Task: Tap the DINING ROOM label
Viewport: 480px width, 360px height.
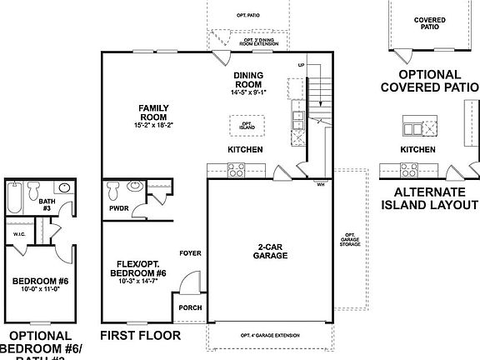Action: click(248, 79)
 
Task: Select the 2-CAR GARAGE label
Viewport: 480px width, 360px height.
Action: click(272, 251)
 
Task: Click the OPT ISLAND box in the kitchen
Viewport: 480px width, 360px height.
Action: click(247, 125)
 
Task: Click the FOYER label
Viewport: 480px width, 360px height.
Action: click(190, 252)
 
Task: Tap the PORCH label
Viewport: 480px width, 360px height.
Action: click(189, 307)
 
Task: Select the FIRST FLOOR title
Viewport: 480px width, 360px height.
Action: click(140, 336)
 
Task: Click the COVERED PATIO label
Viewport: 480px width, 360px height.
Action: click(431, 22)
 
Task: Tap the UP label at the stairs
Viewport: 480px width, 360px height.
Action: click(302, 64)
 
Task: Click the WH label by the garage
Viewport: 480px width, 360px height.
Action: click(321, 185)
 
